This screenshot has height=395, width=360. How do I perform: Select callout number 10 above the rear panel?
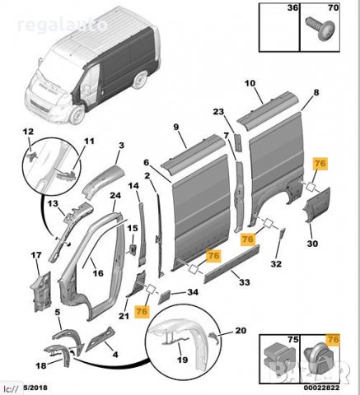pos(250,83)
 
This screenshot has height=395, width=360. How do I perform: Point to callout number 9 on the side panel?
pos(175,127)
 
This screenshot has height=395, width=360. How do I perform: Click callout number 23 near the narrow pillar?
pos(218,112)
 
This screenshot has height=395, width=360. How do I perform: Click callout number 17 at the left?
pos(35,256)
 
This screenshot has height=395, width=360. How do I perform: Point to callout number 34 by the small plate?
pos(193,292)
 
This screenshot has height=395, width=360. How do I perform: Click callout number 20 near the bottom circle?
pos(241,330)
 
